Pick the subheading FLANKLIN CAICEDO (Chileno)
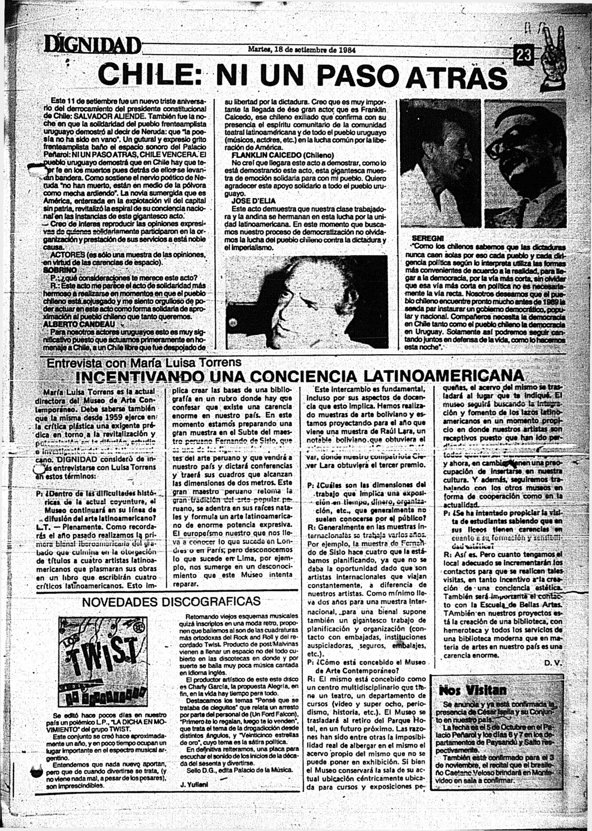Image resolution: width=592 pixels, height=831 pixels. [283, 155]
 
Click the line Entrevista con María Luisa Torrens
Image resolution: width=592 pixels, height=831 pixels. [144, 362]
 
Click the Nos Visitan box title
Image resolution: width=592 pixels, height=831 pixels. [473, 690]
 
